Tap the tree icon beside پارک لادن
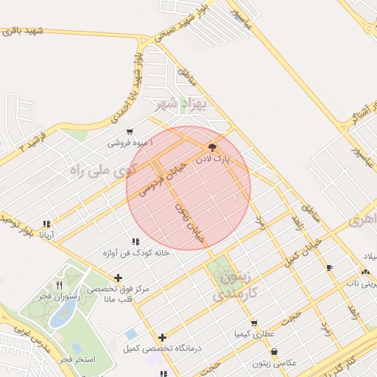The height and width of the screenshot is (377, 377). [x=213, y=147]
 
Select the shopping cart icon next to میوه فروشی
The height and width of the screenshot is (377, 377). [x=130, y=132]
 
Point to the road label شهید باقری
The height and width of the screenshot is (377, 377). [x=24, y=31]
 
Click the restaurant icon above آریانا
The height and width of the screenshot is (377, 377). [x=46, y=224]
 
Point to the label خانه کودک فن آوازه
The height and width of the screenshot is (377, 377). [x=135, y=253]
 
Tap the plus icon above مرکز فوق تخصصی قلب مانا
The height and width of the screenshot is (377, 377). [x=118, y=278]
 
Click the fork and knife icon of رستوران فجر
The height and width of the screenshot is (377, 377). [x=59, y=285]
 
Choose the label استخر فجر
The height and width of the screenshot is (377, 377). [x=77, y=359]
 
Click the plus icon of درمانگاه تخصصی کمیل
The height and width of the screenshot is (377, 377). [x=162, y=337]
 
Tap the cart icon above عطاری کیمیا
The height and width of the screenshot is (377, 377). [x=254, y=323]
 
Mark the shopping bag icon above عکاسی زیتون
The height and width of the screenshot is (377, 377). [x=275, y=352]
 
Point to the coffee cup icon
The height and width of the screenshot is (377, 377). [x=328, y=267]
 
